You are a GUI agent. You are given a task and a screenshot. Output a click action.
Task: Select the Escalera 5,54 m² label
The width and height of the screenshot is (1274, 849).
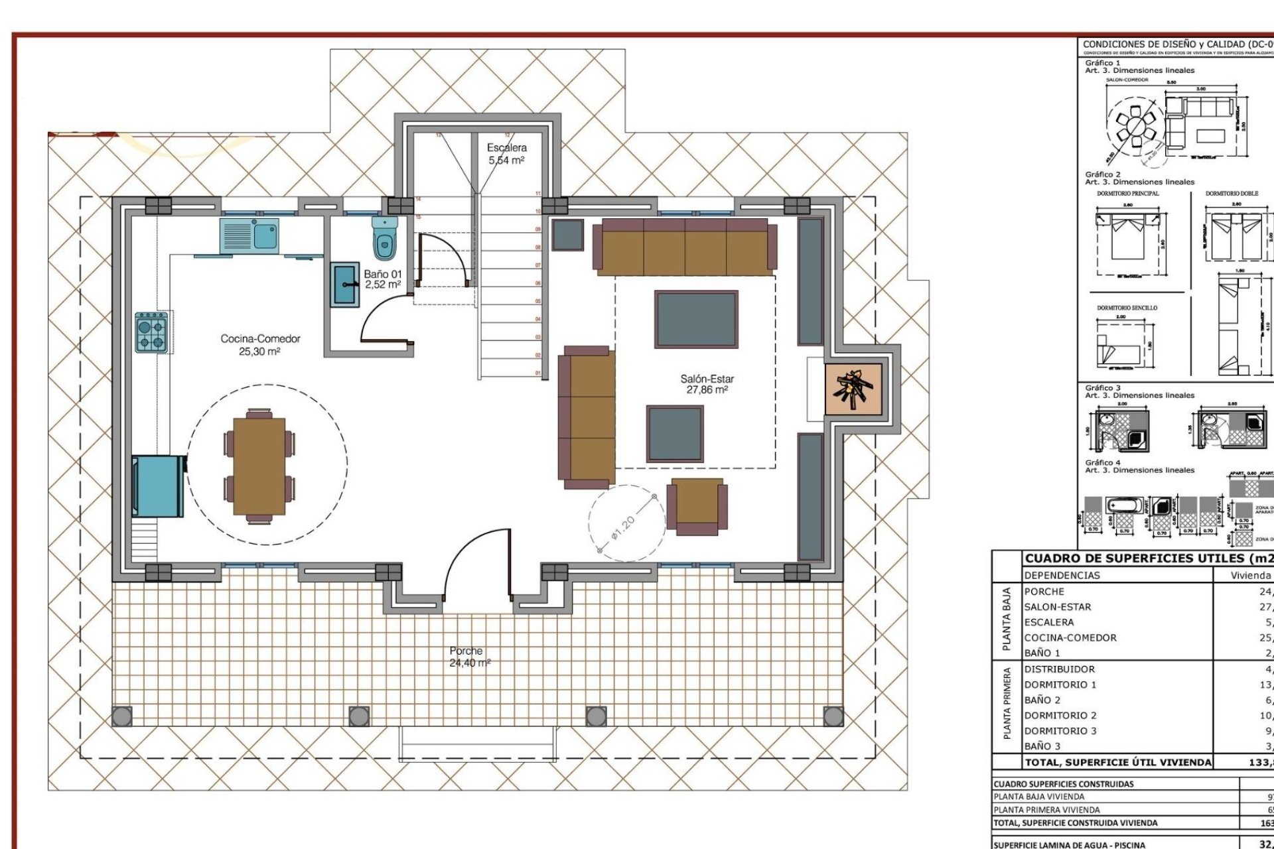(506, 154)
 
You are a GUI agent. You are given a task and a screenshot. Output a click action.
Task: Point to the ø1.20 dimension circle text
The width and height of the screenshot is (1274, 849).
(624, 527)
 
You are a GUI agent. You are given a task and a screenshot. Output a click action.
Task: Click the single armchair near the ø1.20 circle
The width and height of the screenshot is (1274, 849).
(697, 505)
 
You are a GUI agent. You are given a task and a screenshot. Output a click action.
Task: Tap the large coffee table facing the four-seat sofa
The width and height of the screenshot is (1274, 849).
(695, 319)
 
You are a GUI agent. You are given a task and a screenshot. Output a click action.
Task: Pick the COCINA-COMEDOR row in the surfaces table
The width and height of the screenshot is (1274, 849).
(1070, 637)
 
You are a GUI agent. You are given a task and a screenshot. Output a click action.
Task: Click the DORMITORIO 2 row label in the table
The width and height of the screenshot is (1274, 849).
(1060, 715)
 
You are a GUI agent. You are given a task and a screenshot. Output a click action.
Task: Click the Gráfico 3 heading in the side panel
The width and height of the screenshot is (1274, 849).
(1103, 388)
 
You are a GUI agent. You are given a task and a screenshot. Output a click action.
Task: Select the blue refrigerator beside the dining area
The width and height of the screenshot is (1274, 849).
(158, 486)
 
